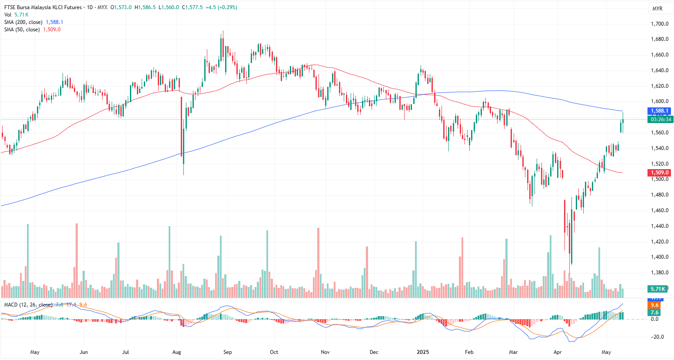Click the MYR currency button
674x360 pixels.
tap(657, 9)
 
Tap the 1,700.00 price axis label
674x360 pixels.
tap(659, 24)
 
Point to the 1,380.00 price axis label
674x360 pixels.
tap(659, 273)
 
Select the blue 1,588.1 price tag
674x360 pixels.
tap(660, 111)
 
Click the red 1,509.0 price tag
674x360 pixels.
tap(660, 173)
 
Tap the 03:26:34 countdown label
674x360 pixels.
tap(661, 119)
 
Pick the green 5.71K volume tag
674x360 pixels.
tap(658, 289)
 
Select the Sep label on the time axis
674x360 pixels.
tap(227, 352)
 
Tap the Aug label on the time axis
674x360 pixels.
tap(176, 352)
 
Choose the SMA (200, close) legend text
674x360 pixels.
tap(23, 22)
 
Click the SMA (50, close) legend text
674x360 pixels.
tap(22, 30)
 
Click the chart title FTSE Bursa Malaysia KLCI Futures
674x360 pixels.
tap(43, 7)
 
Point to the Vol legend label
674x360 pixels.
tap(8, 15)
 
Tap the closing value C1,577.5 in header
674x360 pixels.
tap(192, 7)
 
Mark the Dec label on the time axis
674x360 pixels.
tap(374, 352)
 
